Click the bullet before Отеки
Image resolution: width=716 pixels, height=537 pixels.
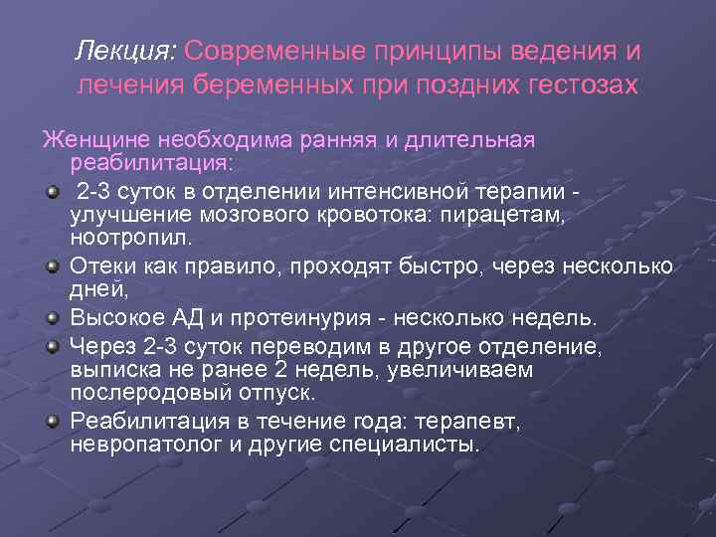pos(51,267)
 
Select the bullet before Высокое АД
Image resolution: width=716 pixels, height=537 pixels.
pos(51,318)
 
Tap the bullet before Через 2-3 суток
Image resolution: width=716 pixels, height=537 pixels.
pos(51,345)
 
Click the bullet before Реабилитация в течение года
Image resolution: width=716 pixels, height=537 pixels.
pos(51,420)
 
